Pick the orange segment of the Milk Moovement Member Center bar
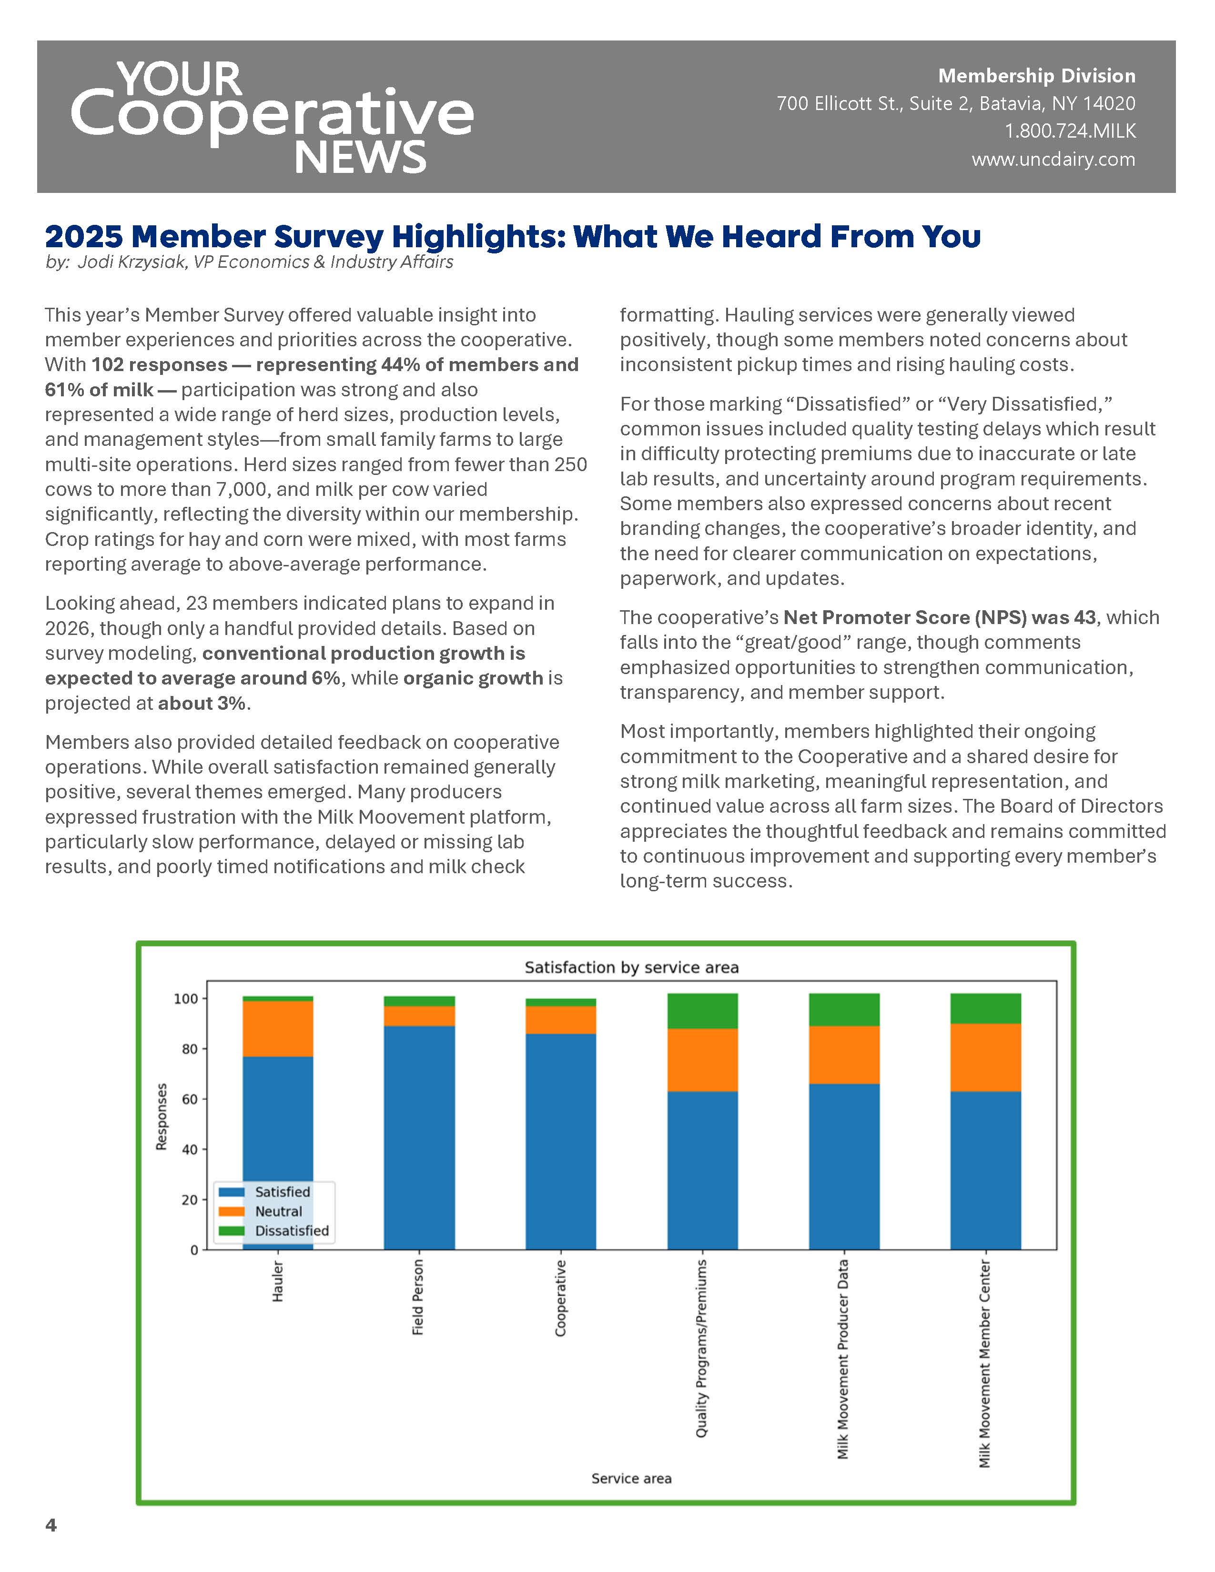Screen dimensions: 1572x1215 tap(985, 1058)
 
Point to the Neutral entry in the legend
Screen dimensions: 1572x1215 tap(278, 1211)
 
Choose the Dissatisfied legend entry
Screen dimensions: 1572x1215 tap(291, 1231)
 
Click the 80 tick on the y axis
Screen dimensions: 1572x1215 tap(189, 1049)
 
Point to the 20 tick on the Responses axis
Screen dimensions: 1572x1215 tap(189, 1200)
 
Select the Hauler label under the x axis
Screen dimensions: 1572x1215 tap(278, 1281)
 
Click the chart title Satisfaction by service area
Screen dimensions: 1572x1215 tap(631, 967)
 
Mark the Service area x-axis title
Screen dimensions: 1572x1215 tap(631, 1479)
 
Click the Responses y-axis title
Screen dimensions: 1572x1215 tap(162, 1117)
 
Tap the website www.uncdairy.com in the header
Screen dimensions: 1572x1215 tap(1053, 159)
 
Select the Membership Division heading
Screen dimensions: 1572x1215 tap(1036, 76)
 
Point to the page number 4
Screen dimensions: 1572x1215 tap(51, 1525)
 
